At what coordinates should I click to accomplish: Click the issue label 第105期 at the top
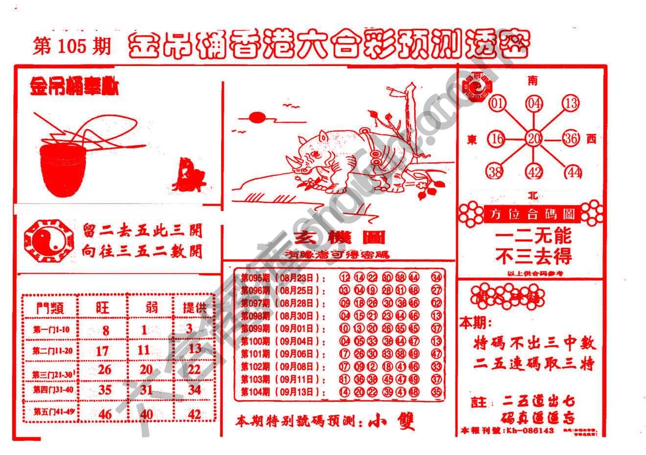pyautogui.click(x=72, y=46)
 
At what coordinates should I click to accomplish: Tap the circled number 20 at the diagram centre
pyautogui.click(x=533, y=139)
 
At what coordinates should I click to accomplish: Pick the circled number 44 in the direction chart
pyautogui.click(x=572, y=172)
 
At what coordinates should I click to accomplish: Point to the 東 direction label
pyautogui.click(x=472, y=140)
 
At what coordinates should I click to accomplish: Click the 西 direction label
pyautogui.click(x=591, y=139)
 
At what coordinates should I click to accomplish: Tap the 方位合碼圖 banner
pyautogui.click(x=532, y=214)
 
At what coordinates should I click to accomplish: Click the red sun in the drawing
pyautogui.click(x=257, y=117)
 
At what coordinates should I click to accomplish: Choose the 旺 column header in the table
pyautogui.click(x=102, y=307)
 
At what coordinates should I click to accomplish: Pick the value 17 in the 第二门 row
pyautogui.click(x=102, y=350)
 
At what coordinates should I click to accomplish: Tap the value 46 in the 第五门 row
pyautogui.click(x=105, y=414)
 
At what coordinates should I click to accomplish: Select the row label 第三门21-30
pyautogui.click(x=53, y=374)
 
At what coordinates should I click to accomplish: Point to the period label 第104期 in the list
pyautogui.click(x=255, y=392)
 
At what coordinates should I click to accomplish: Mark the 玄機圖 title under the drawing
pyautogui.click(x=339, y=238)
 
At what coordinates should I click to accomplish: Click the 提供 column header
pyautogui.click(x=194, y=307)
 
